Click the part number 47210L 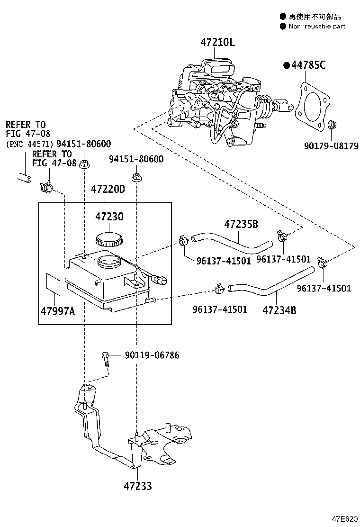tap(217, 42)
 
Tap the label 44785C tap(308, 65)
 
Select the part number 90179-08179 tap(331, 146)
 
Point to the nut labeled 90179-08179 tap(332, 125)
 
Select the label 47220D tap(108, 189)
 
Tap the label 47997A tap(58, 311)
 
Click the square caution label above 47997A tap(54, 284)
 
